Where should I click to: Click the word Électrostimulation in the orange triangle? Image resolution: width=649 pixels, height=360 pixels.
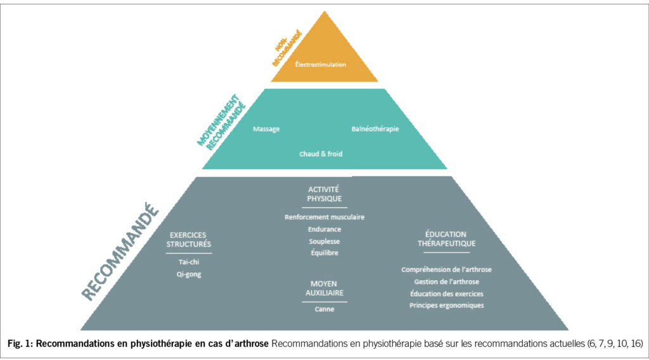[x=320, y=64]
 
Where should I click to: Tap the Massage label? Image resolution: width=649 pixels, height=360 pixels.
[x=266, y=129]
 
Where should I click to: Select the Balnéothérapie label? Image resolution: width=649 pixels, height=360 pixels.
[x=375, y=129]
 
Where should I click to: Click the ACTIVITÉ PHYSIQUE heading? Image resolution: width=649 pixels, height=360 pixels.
[x=324, y=194]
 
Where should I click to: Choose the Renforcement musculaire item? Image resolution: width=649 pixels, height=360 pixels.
[x=324, y=217]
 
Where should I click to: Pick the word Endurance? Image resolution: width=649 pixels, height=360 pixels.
[x=324, y=229]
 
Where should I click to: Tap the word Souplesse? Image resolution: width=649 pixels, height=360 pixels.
[x=324, y=241]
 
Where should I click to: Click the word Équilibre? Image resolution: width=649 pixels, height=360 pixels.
[x=324, y=254]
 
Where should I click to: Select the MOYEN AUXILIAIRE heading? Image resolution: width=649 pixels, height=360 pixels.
[x=324, y=288]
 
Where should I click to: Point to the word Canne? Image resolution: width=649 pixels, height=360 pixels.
[x=324, y=309]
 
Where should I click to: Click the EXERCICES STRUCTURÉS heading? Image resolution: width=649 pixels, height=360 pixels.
[x=189, y=239]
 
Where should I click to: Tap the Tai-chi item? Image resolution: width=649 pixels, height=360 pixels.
[x=189, y=262]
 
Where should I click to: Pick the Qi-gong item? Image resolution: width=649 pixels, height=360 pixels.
[x=189, y=274]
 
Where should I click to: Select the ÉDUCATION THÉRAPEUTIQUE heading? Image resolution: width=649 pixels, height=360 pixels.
[x=446, y=239]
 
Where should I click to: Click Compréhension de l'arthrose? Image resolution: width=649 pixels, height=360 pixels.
[x=446, y=269]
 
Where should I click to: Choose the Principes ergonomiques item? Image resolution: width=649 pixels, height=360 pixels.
[x=446, y=305]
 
